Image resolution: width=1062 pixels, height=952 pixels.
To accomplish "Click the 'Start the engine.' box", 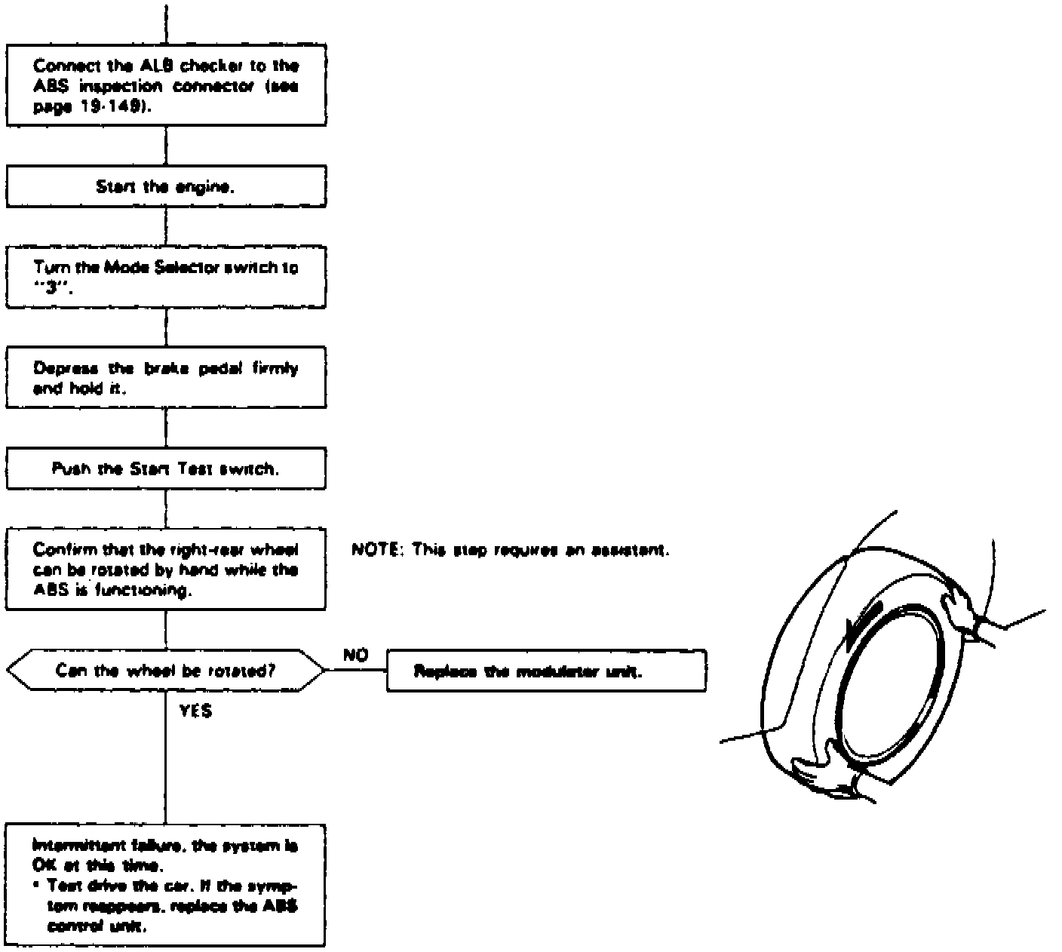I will pos(166,186).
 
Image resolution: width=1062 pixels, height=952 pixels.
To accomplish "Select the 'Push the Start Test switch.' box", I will pos(166,468).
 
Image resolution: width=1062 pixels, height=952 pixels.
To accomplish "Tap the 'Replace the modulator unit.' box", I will pos(546,671).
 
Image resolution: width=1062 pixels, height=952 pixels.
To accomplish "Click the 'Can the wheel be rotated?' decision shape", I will pos(166,670).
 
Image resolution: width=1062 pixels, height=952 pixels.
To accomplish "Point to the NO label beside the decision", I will pos(355,656).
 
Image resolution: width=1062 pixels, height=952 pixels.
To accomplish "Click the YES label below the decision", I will pos(195,711).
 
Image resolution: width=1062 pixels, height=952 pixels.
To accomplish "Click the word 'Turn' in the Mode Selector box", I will pos(46,267).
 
